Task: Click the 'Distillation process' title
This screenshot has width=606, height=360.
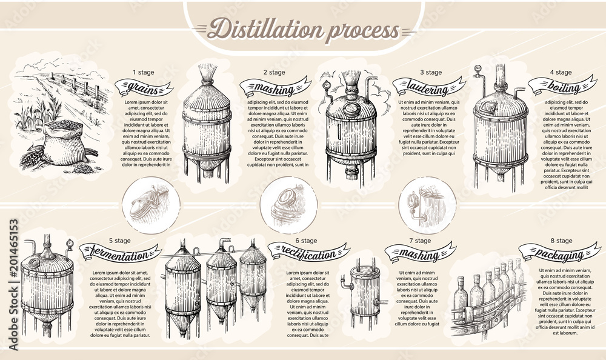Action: [x=303, y=28]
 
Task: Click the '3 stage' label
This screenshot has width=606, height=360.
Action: [x=430, y=73]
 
